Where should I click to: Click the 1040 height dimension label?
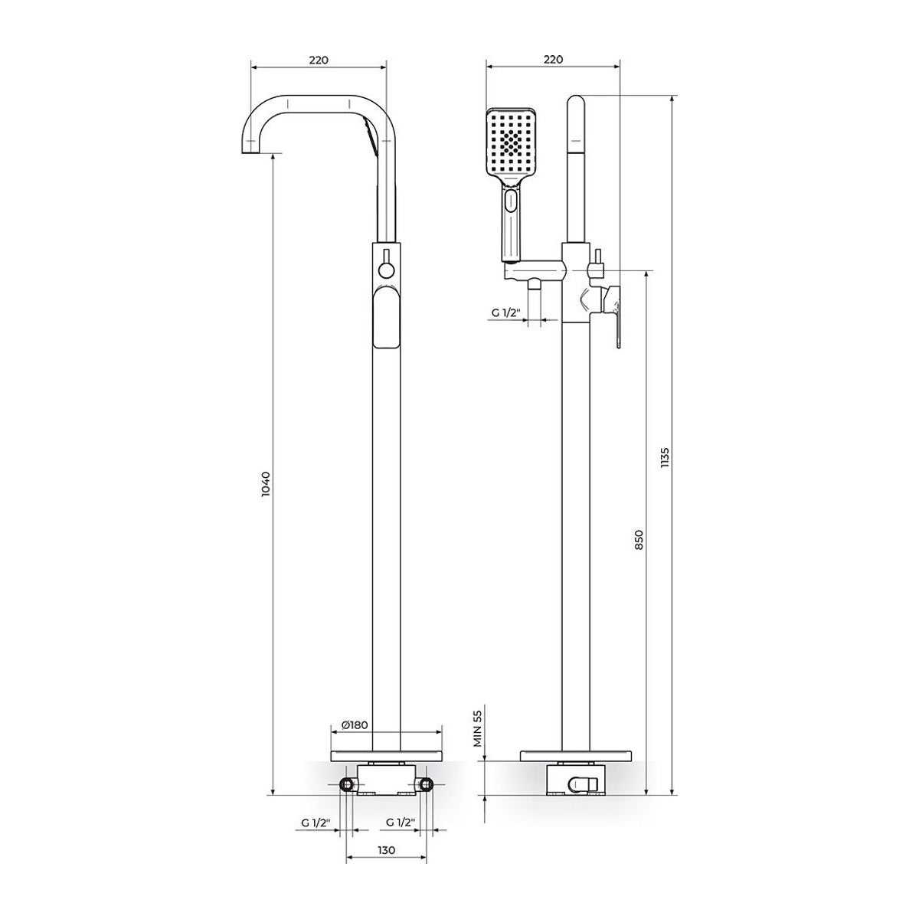[266, 485]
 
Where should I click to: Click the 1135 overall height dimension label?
[666, 459]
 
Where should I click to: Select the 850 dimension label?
[639, 539]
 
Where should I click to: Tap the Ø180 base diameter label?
[355, 738]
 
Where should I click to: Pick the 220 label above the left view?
[319, 60]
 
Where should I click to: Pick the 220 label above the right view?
[553, 60]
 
